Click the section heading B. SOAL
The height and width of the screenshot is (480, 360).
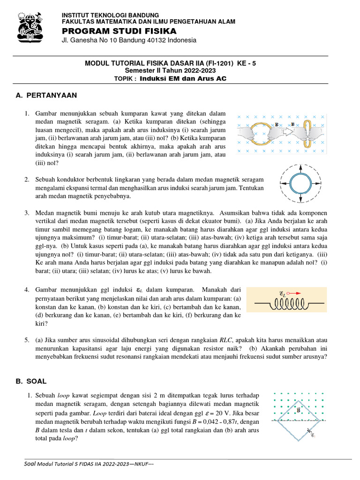31,381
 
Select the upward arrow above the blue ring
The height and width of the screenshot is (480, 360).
300,167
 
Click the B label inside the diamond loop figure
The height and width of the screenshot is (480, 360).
298,411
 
